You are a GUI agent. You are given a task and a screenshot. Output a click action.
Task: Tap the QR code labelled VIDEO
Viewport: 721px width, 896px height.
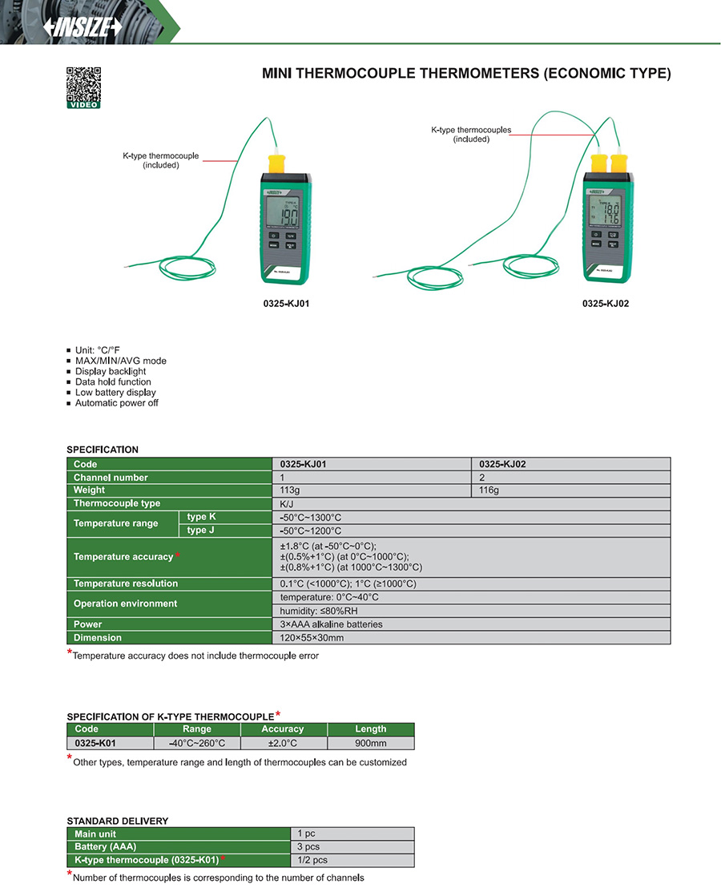(83, 87)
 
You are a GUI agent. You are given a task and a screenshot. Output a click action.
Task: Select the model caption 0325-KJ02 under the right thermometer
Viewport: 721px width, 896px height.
(606, 304)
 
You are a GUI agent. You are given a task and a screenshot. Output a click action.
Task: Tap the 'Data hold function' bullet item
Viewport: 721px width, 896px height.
(113, 382)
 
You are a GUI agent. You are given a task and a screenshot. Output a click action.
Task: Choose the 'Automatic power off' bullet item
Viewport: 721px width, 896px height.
(116, 403)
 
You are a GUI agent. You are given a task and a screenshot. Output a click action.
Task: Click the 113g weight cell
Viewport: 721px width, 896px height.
(372, 490)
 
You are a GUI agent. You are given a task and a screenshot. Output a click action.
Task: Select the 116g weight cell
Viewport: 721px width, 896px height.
(570, 490)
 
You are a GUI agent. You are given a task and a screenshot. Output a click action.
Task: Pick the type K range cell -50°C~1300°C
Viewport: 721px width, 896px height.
(471, 517)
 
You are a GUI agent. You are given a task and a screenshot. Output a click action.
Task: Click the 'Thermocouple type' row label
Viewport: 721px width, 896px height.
(117, 503)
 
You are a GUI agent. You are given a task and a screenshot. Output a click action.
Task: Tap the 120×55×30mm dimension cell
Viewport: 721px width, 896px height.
(471, 638)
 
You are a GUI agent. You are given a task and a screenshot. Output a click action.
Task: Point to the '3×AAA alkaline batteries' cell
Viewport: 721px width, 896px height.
(471, 624)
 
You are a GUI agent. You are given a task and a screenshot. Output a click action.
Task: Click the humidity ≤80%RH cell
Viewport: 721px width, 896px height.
(471, 611)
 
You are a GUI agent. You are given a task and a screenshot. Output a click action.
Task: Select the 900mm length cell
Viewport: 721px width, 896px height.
(370, 743)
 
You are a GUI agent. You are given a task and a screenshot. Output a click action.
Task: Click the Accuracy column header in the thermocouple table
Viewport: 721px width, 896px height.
(283, 729)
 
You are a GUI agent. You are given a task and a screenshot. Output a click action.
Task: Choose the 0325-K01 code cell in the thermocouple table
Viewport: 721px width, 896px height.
(95, 743)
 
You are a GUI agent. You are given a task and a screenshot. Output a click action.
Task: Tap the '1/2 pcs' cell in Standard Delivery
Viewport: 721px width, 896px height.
(352, 860)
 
